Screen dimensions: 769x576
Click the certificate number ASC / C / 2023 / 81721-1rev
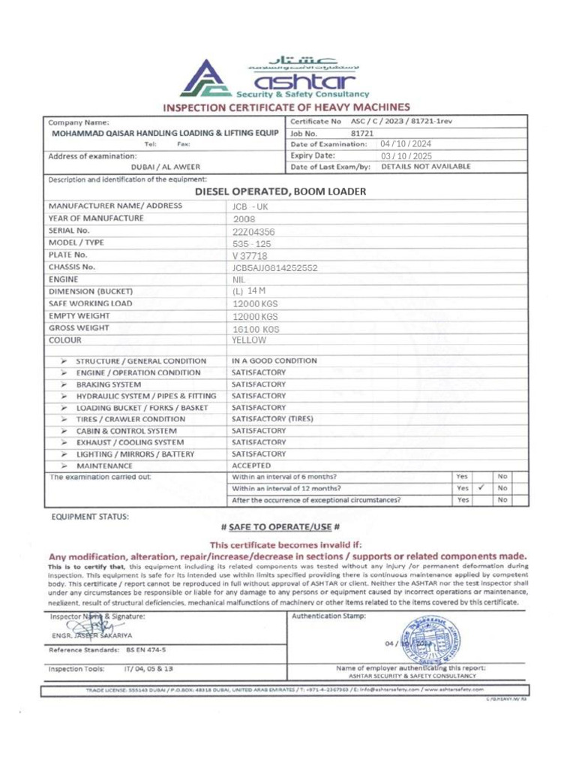click(401, 122)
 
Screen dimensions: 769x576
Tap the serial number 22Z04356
click(253, 231)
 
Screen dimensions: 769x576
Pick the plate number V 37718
click(250, 255)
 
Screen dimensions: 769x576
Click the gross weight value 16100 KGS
click(255, 328)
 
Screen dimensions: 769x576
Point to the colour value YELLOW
click(249, 340)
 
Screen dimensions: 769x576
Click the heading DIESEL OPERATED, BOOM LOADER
click(280, 191)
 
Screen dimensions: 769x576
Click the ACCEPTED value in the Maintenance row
click(252, 466)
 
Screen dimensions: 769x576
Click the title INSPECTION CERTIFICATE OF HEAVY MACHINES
click(287, 107)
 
